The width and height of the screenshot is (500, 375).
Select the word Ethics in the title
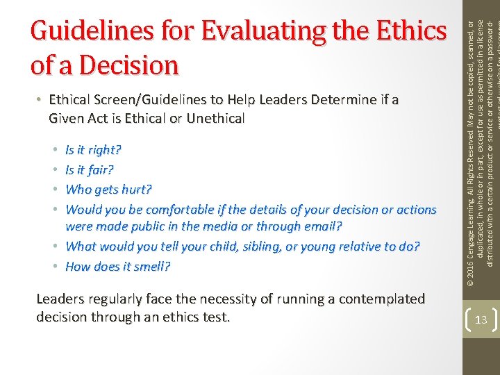(409, 32)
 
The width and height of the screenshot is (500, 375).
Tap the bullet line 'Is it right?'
(93, 149)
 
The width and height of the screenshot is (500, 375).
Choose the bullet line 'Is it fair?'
(90, 169)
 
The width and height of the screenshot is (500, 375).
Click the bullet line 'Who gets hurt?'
(108, 189)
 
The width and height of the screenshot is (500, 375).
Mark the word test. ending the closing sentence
(215, 317)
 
